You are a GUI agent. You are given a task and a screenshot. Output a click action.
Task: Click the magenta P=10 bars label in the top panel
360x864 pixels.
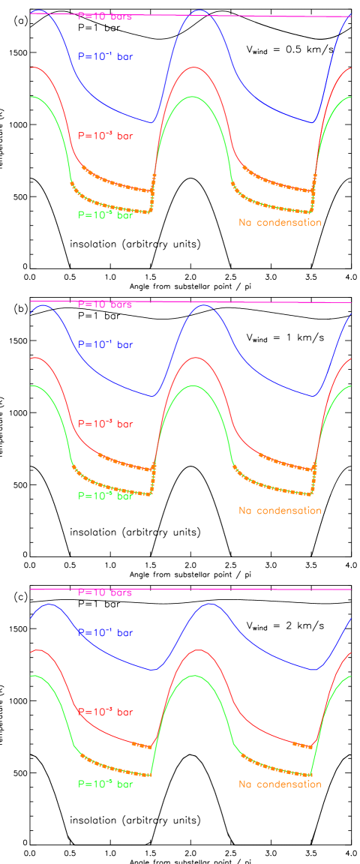pyautogui.click(x=105, y=16)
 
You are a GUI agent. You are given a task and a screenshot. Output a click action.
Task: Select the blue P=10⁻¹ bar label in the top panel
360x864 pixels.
pyautogui.click(x=106, y=56)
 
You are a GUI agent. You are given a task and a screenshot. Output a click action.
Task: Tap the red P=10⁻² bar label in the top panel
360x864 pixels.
pyautogui.click(x=106, y=136)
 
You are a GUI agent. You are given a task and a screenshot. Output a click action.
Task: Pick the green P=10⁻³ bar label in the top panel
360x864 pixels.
pyautogui.click(x=106, y=214)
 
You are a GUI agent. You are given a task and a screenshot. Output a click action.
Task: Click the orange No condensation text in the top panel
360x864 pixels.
pyautogui.click(x=280, y=223)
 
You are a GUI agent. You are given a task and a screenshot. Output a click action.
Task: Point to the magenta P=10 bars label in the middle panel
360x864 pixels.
pyautogui.click(x=105, y=304)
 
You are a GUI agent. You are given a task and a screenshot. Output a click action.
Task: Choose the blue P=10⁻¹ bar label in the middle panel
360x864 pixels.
pyautogui.click(x=106, y=345)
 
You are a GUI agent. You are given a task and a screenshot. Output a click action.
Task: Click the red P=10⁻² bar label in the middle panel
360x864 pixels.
pyautogui.click(x=106, y=424)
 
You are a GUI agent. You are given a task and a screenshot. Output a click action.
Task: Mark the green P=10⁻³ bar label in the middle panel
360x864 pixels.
pyautogui.click(x=106, y=496)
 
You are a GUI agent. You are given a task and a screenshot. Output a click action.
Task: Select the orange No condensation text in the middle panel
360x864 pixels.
pyautogui.click(x=280, y=511)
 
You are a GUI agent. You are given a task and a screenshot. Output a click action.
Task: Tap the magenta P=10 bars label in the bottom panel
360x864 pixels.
pyautogui.click(x=105, y=592)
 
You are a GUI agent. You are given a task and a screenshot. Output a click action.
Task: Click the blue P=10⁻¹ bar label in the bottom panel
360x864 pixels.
pyautogui.click(x=106, y=633)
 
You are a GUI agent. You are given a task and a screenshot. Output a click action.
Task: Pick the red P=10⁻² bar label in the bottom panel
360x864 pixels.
pyautogui.click(x=106, y=712)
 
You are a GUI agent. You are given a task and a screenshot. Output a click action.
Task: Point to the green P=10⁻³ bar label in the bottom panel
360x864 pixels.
pyautogui.click(x=106, y=784)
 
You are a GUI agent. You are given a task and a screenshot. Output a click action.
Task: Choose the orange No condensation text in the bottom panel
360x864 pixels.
pyautogui.click(x=280, y=784)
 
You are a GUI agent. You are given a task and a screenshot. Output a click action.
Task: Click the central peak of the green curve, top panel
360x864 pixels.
pyautogui.click(x=193, y=97)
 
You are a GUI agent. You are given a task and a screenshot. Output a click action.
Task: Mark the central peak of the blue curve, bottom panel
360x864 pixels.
pyautogui.click(x=207, y=603)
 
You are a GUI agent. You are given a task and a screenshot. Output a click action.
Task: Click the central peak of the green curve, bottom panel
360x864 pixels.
pyautogui.click(x=194, y=675)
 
